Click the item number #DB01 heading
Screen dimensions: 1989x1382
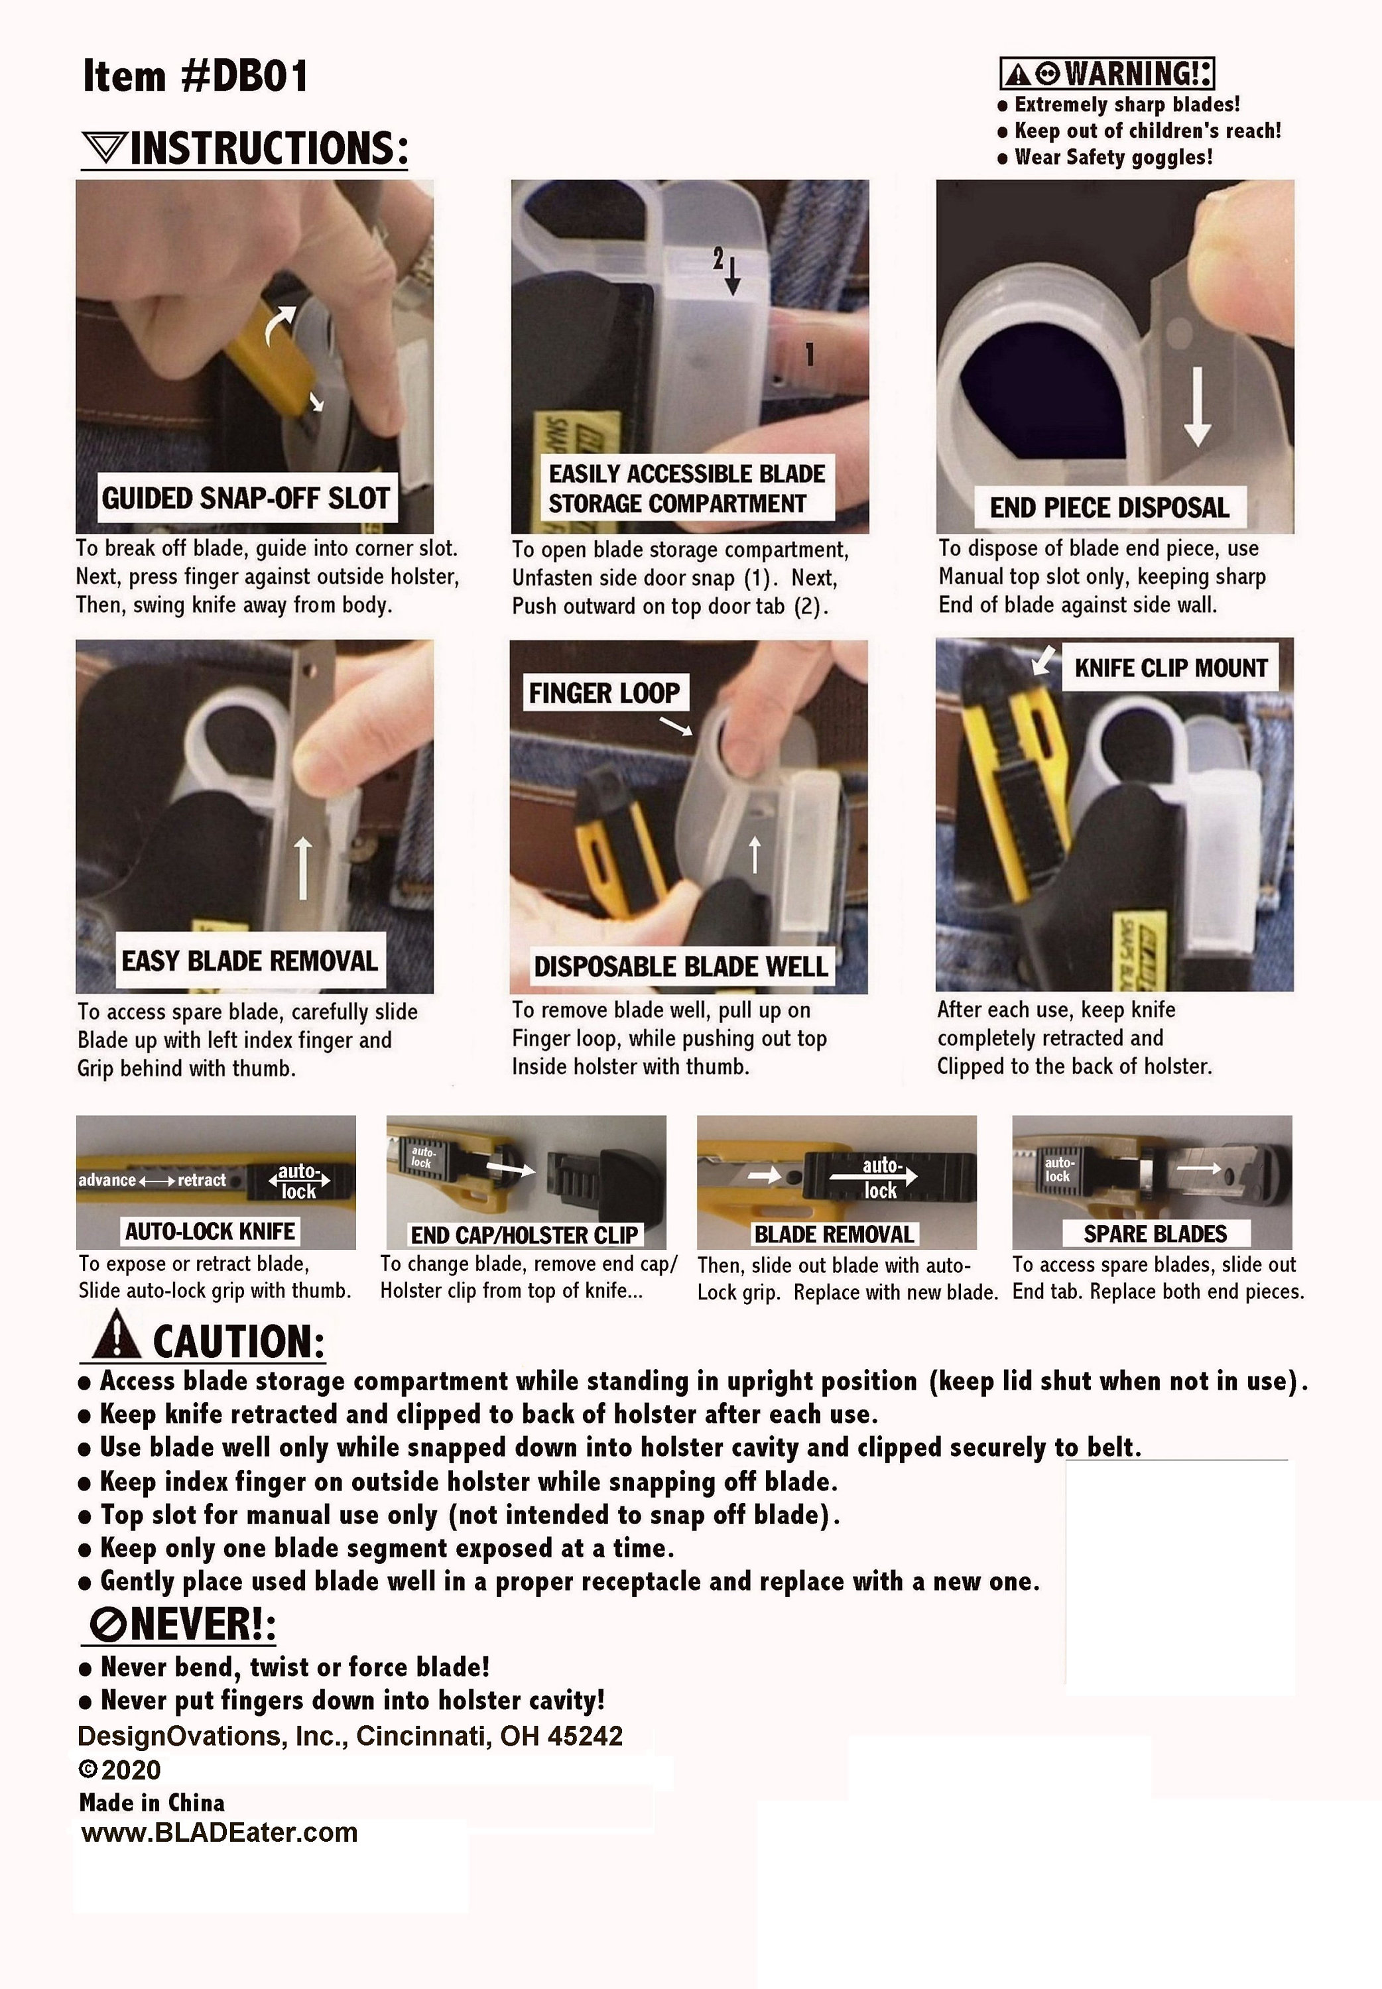pos(195,76)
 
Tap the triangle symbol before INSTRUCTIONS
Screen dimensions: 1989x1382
pos(105,148)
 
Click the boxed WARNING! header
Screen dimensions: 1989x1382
pos(1107,74)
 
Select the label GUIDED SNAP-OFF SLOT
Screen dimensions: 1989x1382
pos(247,499)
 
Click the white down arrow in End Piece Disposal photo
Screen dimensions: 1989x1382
pos(1197,407)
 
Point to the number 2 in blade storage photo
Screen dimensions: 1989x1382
pos(718,257)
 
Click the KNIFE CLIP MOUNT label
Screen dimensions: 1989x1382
pos(1170,668)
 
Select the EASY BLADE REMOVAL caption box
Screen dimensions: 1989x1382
pos(249,961)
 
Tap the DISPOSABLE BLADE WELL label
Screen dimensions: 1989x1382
pos(680,967)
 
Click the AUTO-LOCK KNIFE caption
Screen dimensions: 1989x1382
pos(210,1231)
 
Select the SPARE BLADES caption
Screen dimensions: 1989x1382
pos(1155,1233)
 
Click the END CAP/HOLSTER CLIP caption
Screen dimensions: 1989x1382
pos(524,1235)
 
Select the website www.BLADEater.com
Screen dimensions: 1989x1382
pos(219,1833)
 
